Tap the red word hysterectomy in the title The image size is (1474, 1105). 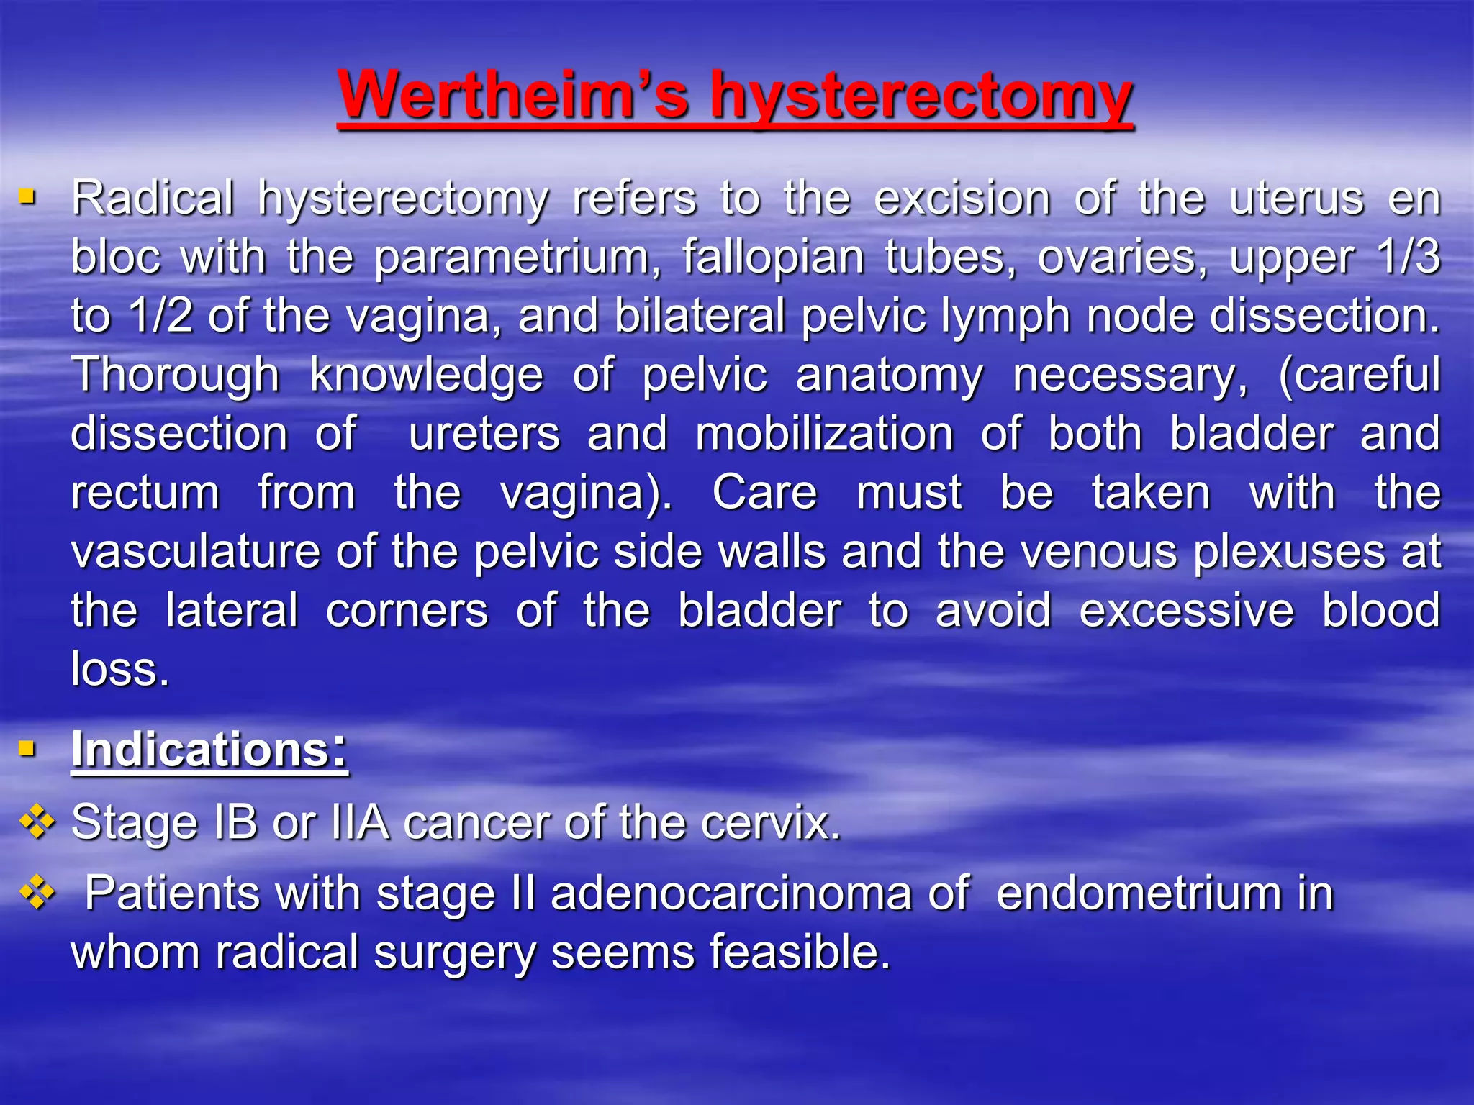tap(921, 97)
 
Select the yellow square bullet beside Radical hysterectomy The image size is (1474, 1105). tap(27, 196)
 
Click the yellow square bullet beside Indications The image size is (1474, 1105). tap(27, 749)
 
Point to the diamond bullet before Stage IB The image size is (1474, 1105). tap(37, 822)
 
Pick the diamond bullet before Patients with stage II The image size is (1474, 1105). tap(37, 893)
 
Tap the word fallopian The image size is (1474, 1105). tap(773, 258)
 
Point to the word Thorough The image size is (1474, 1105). tap(176, 375)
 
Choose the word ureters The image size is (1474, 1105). tap(484, 434)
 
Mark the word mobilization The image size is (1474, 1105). tap(825, 434)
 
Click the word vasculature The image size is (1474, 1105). tap(195, 552)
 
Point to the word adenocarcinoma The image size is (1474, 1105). tap(731, 893)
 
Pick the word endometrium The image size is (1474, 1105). tap(1139, 893)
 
